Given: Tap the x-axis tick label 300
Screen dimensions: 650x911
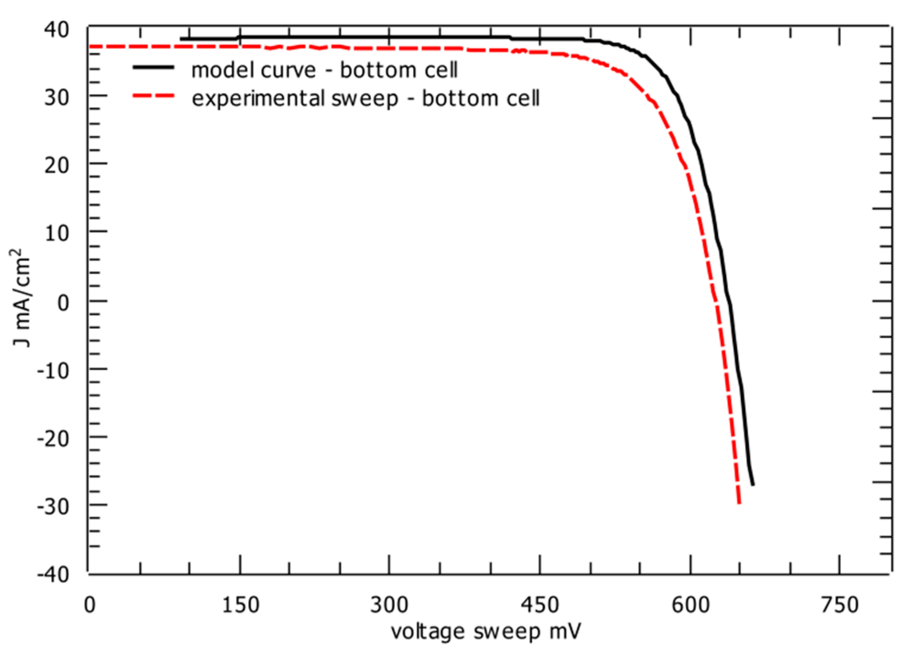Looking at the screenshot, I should pyautogui.click(x=389, y=605).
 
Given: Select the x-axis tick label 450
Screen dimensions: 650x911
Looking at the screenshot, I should pyautogui.click(x=540, y=605).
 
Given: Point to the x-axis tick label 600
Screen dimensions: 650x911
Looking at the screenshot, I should pyautogui.click(x=690, y=605).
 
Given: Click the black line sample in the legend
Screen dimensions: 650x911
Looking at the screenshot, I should pyautogui.click(x=153, y=67).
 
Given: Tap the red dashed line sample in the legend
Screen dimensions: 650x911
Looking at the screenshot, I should pyautogui.click(x=153, y=96).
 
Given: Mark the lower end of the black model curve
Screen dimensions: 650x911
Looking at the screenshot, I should pyautogui.click(x=753, y=485).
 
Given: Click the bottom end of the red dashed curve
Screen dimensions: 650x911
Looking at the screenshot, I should pyautogui.click(x=739, y=504).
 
